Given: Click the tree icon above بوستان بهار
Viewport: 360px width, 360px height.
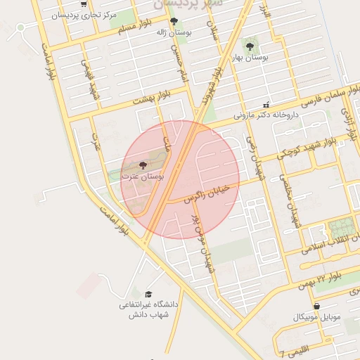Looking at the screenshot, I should [x=250, y=46].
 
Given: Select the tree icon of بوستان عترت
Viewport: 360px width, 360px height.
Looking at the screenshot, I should [x=143, y=166].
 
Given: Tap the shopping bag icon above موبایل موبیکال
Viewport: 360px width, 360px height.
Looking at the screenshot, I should [x=317, y=307].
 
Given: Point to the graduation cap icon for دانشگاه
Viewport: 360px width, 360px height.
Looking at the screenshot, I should [x=148, y=294].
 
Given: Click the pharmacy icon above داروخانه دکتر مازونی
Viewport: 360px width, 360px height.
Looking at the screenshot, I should [x=266, y=104].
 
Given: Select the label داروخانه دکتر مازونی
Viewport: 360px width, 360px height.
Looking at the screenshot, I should [x=266, y=114].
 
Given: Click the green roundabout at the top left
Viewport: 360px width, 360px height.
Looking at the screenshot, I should [x=20, y=27].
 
